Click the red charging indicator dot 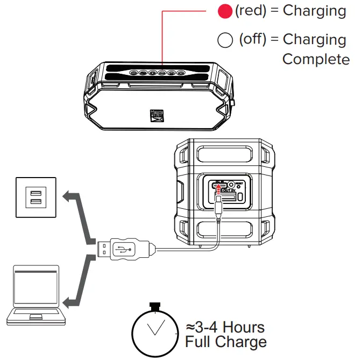225,11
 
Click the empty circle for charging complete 225,40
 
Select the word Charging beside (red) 314,10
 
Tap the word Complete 316,59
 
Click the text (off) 253,40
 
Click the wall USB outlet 36,197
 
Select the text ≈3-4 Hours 225,327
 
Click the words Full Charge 225,342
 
